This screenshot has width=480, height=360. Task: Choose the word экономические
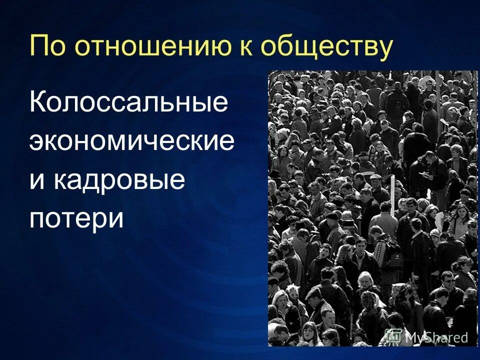[132, 142]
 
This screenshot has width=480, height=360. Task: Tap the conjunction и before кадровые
[36, 180]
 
